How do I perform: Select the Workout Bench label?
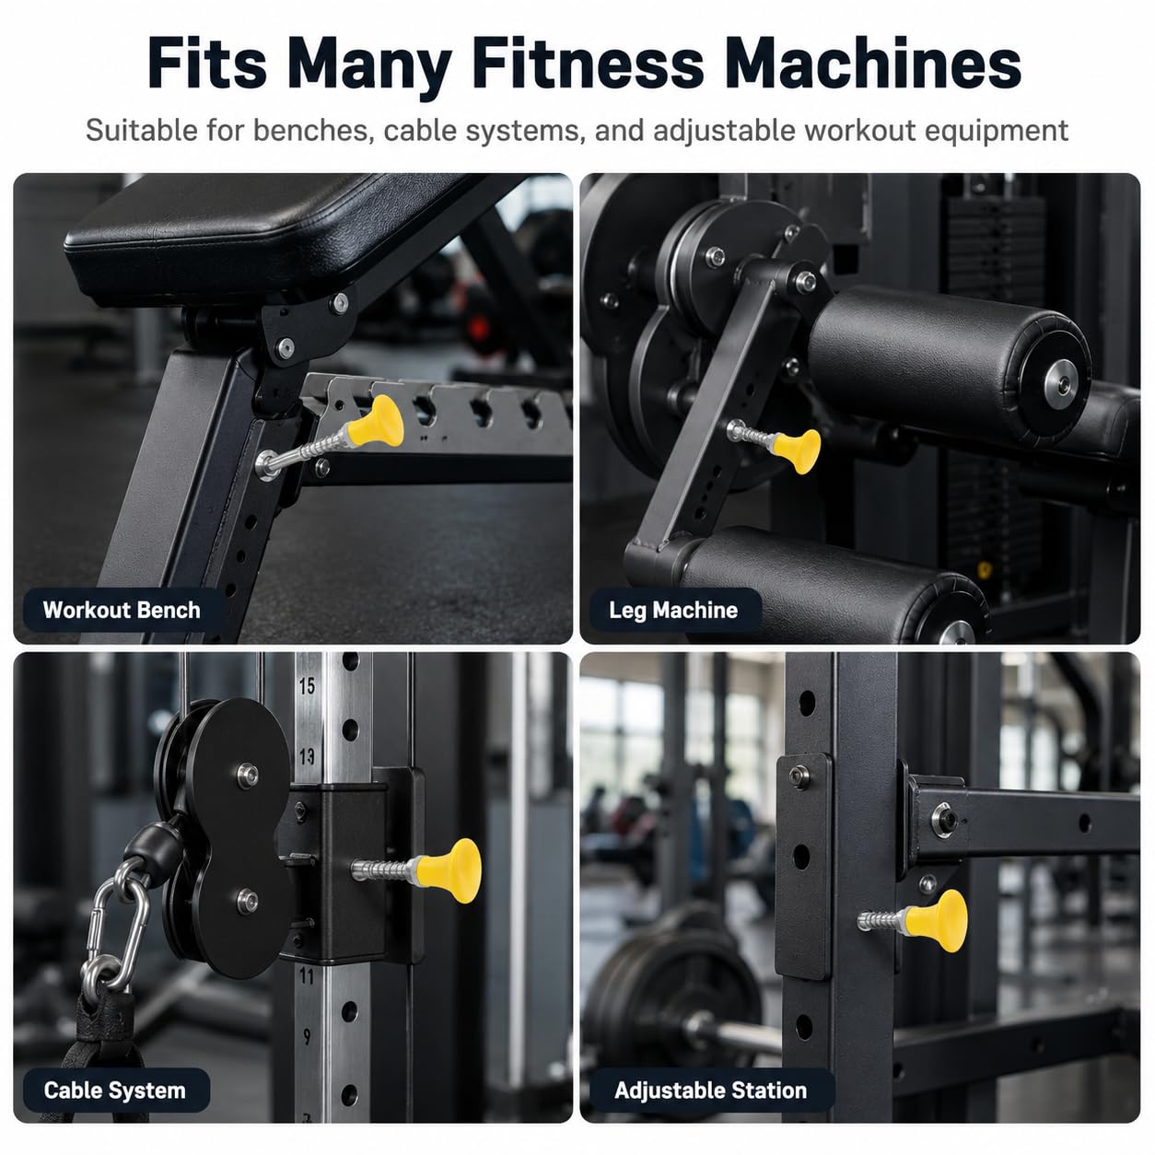coord(122,610)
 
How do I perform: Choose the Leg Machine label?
coord(673,610)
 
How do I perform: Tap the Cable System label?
coord(114,1091)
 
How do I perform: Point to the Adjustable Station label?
coord(710,1091)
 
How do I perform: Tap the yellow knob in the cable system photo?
coord(450,871)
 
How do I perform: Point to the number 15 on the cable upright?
coord(307,686)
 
